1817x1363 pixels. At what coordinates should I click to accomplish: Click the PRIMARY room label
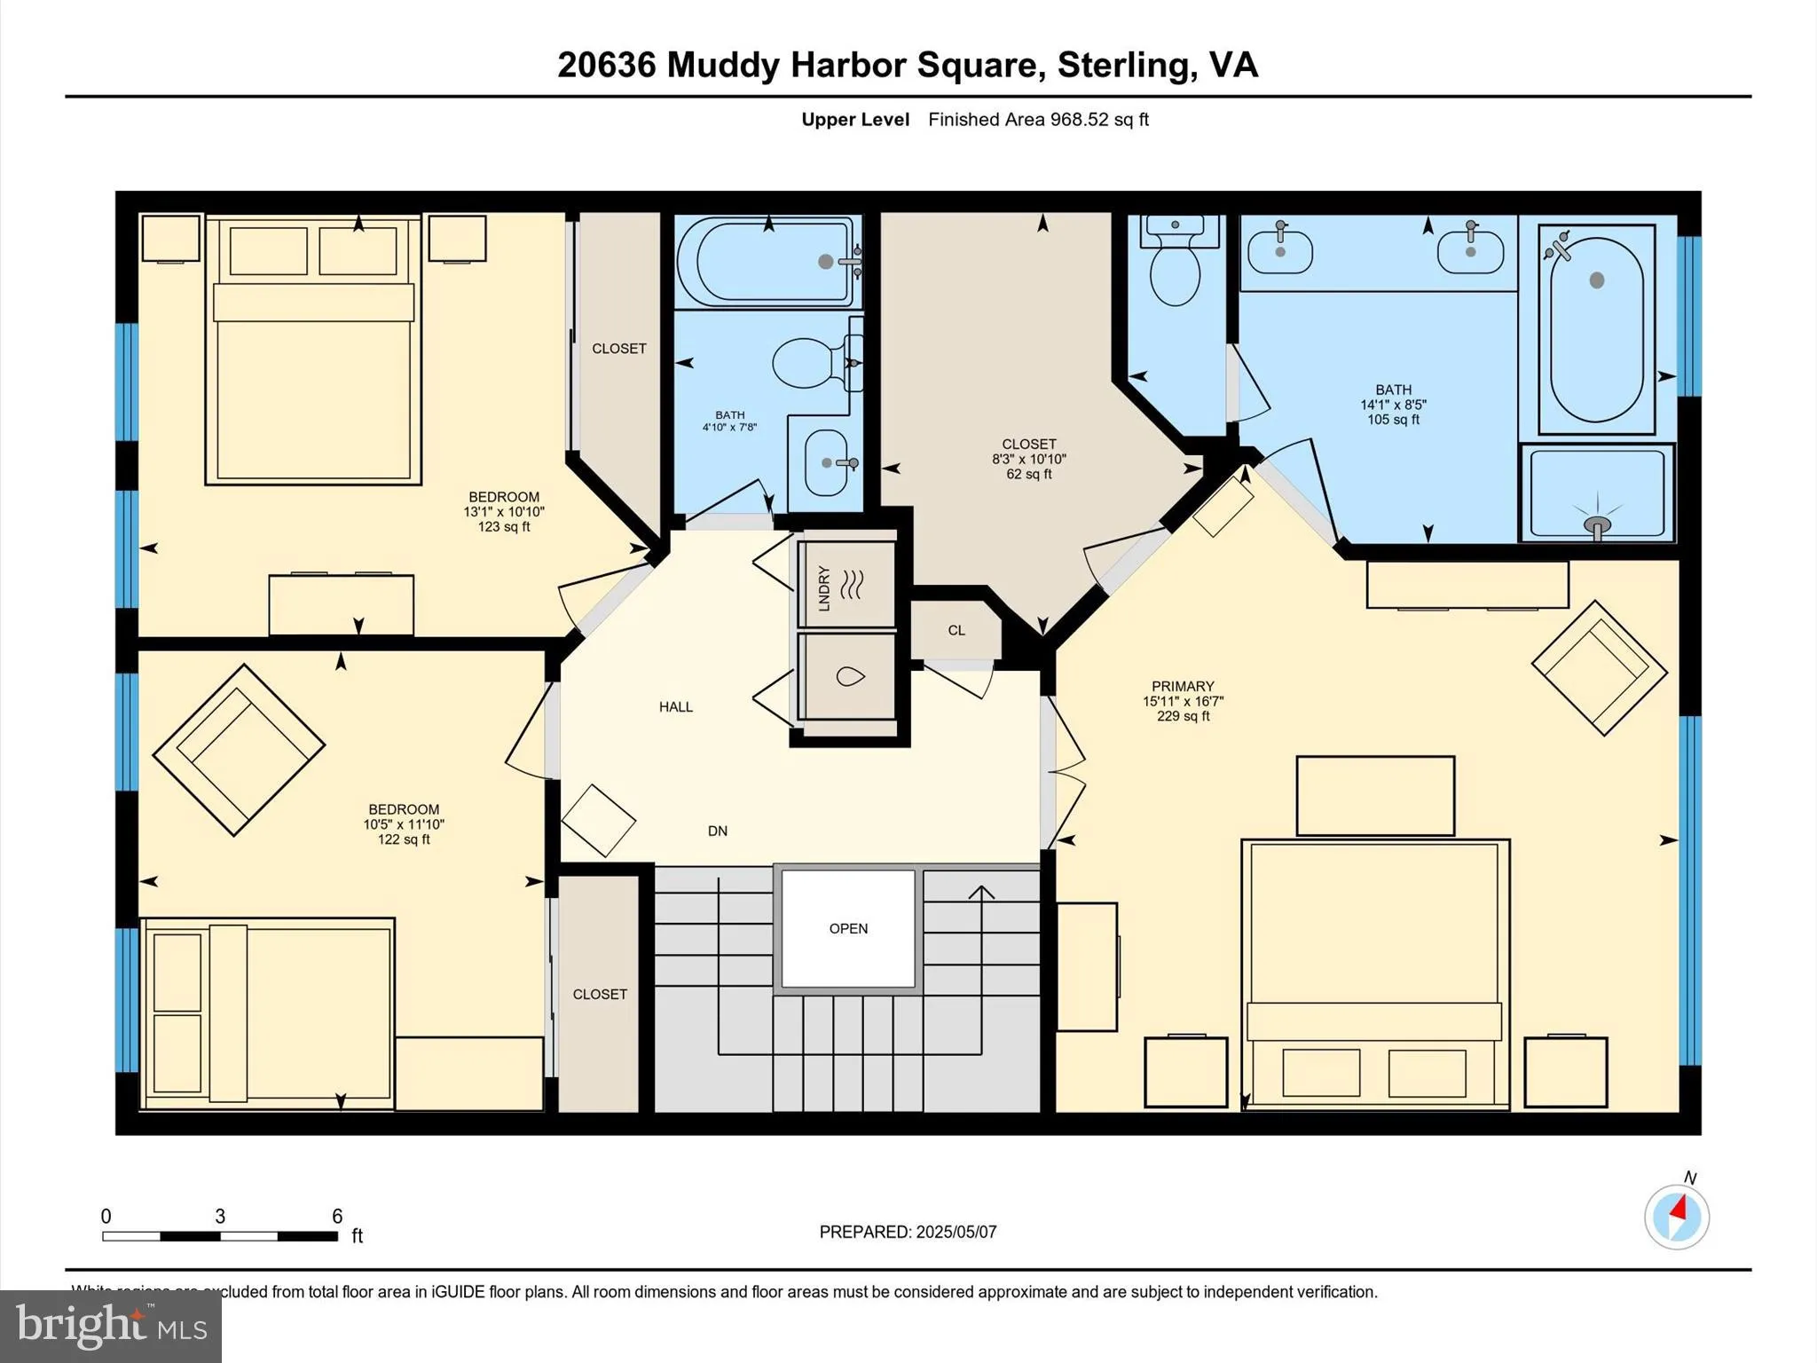tap(1182, 687)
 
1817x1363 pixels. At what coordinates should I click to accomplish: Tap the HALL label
tap(675, 707)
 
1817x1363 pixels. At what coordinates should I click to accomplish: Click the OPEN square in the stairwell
tap(848, 928)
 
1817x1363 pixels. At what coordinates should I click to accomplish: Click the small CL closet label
tap(956, 631)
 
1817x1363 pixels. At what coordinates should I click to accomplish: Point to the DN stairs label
tap(717, 831)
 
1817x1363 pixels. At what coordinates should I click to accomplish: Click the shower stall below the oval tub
tap(1596, 493)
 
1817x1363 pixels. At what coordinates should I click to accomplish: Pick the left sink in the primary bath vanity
tap(1279, 251)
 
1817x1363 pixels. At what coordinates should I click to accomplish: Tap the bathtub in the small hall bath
tap(768, 262)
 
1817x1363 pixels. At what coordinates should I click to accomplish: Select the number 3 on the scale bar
tap(219, 1217)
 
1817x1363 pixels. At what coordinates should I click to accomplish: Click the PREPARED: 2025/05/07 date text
tap(907, 1232)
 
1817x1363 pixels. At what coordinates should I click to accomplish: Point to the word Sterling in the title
tap(1123, 65)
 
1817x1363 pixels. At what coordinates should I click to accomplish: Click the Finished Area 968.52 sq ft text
tap(1038, 120)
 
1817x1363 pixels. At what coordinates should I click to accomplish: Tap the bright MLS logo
tap(110, 1326)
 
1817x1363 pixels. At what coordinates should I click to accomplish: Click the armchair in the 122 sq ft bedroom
tap(238, 750)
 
